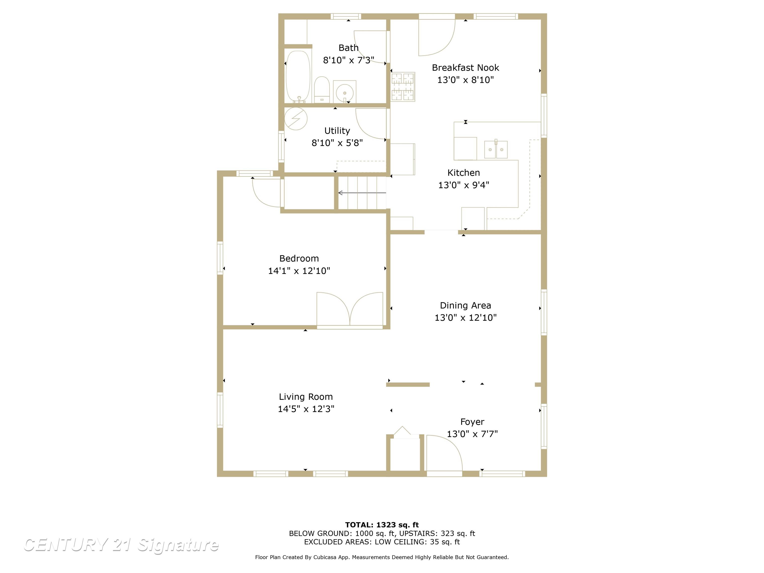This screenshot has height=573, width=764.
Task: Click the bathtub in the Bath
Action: point(298,77)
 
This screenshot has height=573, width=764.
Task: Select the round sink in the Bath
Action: point(345,92)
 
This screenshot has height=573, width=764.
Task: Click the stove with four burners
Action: point(403,87)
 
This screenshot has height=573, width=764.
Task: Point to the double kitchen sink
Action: point(496,149)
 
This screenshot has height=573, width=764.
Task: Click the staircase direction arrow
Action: point(362,193)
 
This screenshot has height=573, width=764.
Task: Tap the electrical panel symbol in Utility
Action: point(296,118)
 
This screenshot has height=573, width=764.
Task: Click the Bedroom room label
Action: point(299,258)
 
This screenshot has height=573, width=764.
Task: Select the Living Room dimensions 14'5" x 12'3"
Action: point(306,409)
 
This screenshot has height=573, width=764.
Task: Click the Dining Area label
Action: point(465,305)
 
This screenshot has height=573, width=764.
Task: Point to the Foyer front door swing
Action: point(444,452)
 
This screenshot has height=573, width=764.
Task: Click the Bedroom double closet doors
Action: point(350,309)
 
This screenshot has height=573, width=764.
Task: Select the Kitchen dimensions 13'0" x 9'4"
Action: point(464,185)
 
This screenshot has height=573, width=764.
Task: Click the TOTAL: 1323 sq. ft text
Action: point(382,525)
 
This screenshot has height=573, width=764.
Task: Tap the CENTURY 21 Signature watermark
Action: point(121,545)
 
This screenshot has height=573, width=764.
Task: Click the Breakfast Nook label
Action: point(465,68)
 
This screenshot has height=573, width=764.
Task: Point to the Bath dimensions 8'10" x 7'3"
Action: point(348,60)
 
